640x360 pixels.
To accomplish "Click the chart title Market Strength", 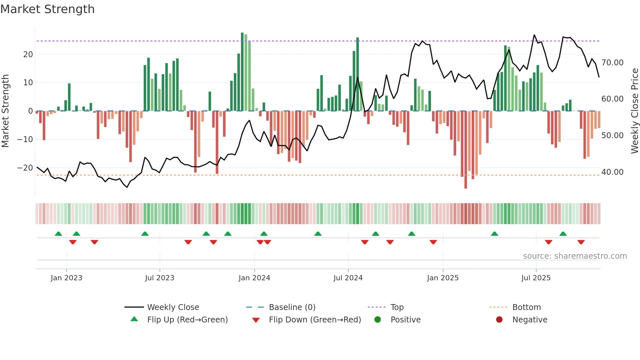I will [47, 9].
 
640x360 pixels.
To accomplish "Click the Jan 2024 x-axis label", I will [254, 278].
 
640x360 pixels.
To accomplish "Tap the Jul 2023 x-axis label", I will [160, 278].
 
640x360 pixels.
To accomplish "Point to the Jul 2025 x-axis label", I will [536, 278].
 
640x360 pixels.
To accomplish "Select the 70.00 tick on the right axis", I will [612, 62].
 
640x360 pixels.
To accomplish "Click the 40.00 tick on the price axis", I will [612, 172].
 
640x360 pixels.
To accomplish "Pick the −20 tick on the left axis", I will [25, 168].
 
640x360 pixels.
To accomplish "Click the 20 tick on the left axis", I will [28, 55].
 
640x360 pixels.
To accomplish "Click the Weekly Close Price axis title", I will [634, 111].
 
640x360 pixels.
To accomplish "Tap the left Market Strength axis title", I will [6, 111].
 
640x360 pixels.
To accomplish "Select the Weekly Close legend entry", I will [173, 307].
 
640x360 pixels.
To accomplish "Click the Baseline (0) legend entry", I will [292, 307].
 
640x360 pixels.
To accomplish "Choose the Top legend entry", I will [397, 307].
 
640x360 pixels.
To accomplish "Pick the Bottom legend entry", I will [526, 307].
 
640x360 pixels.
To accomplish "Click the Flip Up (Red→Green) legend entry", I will [187, 320].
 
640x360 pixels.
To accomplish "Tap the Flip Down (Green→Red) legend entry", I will [315, 320].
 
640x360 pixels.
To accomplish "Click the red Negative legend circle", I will [499, 320].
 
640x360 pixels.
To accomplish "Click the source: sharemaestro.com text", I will [575, 256].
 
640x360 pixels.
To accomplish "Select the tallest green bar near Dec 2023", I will [242, 72].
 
